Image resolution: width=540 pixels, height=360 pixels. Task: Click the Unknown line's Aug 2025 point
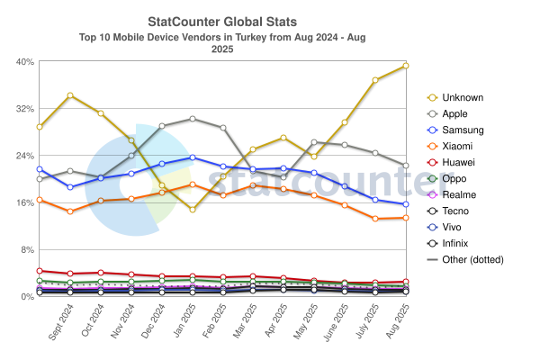[406, 66]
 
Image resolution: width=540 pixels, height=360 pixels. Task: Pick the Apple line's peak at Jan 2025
[193, 118]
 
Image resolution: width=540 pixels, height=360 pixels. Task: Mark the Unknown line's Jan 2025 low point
[193, 209]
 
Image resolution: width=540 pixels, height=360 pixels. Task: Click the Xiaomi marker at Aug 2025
[406, 218]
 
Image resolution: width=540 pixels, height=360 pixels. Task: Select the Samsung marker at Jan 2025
[193, 157]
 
